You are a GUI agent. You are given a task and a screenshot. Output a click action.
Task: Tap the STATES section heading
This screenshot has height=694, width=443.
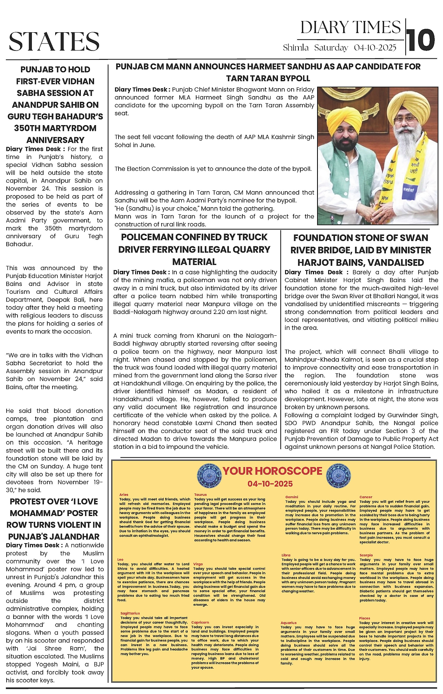pos(54,41)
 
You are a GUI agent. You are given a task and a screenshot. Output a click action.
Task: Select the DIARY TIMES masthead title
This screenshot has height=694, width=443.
pos(351,28)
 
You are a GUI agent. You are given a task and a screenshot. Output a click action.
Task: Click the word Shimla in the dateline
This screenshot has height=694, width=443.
pos(295,48)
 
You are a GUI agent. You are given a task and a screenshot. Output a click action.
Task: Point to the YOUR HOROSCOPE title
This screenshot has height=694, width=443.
pos(272,471)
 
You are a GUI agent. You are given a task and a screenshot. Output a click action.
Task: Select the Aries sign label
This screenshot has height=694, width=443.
pos(124,495)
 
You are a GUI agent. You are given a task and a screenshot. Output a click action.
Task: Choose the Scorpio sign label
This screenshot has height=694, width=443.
pos(366,555)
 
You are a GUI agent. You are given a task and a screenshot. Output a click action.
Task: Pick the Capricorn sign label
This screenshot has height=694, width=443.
pos(200,622)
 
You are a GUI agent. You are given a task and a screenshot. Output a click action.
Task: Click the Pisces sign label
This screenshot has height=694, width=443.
pos(365,618)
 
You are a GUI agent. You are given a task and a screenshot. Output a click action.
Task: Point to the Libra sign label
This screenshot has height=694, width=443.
pos(286,555)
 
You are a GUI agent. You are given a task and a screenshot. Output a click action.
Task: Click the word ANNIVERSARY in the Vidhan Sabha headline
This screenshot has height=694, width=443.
pos(55,140)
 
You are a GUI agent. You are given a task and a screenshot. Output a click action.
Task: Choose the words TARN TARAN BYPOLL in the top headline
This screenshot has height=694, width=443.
pos(268,78)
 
